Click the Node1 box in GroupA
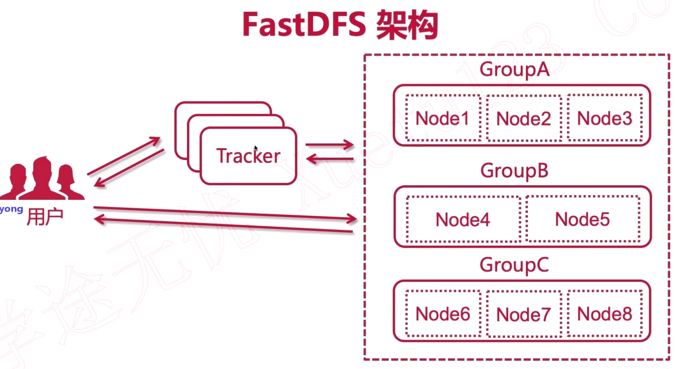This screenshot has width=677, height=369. click(443, 118)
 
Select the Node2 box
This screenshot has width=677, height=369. click(524, 118)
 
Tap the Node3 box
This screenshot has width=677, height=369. click(605, 118)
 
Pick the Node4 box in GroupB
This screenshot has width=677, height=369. click(463, 219)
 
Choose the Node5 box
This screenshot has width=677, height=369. click(582, 219)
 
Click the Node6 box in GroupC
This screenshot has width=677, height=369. click(443, 314)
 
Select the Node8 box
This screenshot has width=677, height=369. click(605, 314)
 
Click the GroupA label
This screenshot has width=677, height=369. click(514, 69)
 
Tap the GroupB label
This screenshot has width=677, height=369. click(514, 171)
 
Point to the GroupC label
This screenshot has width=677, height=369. click(514, 265)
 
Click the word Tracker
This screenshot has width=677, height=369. click(248, 156)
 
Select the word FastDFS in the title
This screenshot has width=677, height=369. click(304, 25)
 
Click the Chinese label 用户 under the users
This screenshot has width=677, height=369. click(45, 217)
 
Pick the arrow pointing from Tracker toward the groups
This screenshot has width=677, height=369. click(329, 145)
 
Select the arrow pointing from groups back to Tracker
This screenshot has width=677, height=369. click(329, 159)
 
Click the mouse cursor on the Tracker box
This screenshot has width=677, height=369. click(256, 148)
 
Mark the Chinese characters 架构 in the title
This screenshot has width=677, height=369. click(407, 25)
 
